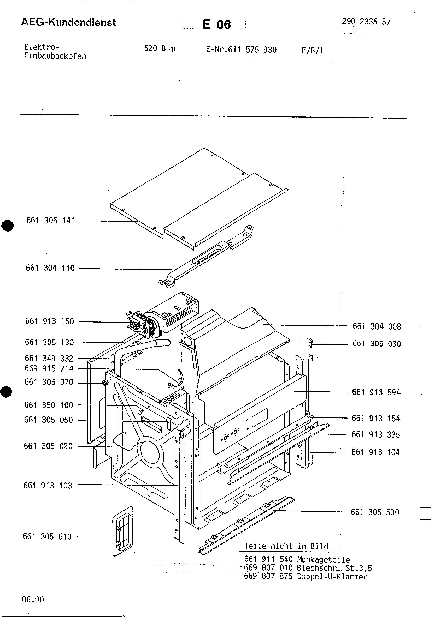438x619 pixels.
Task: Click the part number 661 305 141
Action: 50,221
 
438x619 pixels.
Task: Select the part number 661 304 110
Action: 50,268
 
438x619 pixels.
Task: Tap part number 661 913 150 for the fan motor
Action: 49,321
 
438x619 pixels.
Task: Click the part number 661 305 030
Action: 377,344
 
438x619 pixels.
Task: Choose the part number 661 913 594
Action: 376,393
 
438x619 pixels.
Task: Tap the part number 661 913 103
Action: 48,486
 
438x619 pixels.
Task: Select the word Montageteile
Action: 323,560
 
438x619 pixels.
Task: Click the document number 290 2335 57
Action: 366,22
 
